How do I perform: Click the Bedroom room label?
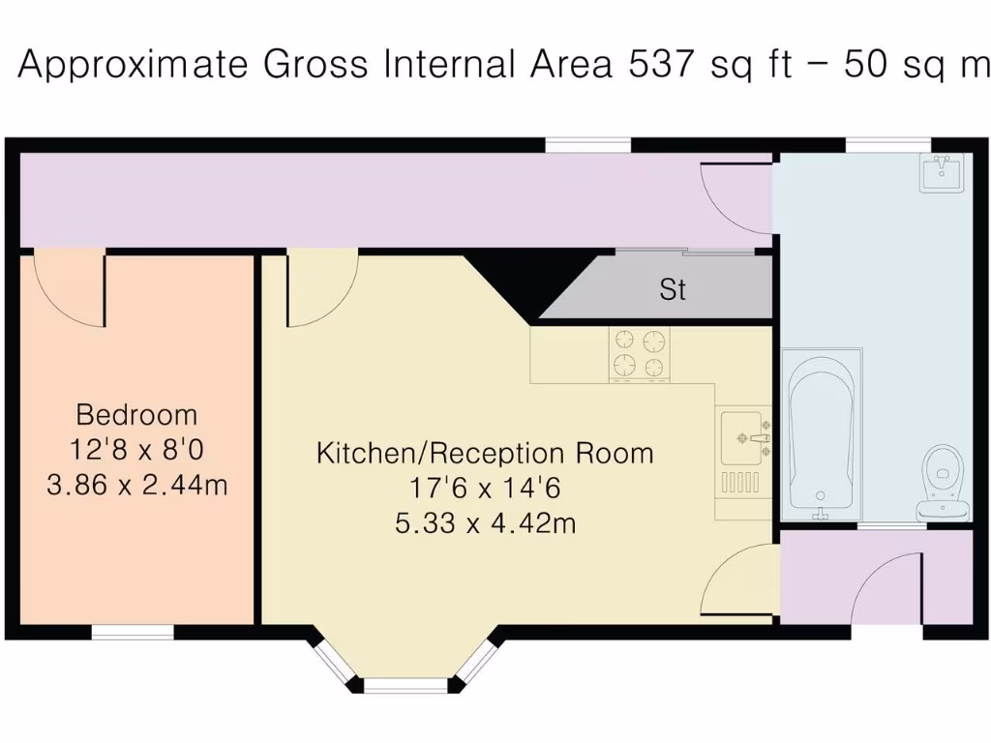[x=136, y=415]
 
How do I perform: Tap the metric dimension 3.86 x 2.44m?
[x=136, y=484]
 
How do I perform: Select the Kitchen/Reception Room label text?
[x=485, y=453]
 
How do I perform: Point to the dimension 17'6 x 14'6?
[x=485, y=489]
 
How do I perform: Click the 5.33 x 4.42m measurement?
[x=485, y=523]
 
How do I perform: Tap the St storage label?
[x=673, y=289]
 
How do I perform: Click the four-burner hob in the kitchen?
[x=640, y=354]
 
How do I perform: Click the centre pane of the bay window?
[x=405, y=685]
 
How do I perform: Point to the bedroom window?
[x=133, y=633]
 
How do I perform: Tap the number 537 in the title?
[x=662, y=65]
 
